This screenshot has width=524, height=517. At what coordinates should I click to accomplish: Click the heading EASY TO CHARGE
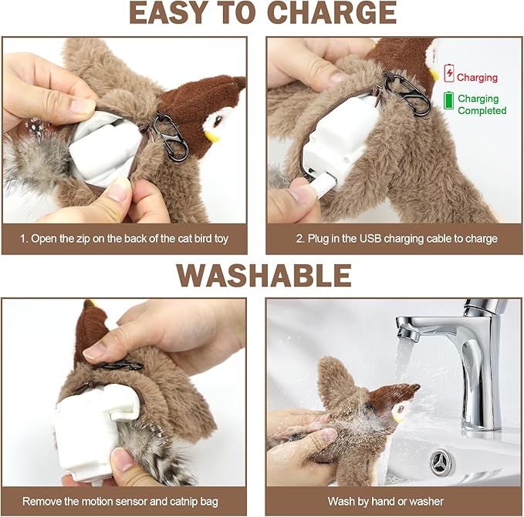262,15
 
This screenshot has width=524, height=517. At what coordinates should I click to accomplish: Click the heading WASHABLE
263,275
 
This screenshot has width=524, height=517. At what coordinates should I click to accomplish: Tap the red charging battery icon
448,76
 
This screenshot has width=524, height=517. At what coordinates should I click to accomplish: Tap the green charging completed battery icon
448,100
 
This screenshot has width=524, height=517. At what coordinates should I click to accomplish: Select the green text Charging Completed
482,105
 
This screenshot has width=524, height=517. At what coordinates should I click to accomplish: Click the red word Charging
477,77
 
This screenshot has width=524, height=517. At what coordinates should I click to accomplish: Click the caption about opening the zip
126,239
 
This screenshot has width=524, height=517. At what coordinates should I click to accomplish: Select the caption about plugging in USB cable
394,239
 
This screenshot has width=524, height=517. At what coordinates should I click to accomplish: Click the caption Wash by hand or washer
394,501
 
